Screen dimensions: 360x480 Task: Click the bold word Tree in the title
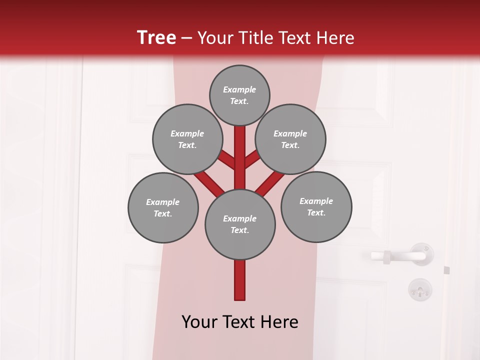click(156, 37)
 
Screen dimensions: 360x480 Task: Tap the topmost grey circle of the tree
click(239, 95)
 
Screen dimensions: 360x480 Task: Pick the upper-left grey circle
click(187, 139)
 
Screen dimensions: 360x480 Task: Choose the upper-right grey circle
click(290, 139)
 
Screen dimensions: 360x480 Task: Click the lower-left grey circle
click(163, 207)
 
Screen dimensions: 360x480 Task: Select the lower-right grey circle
click(316, 206)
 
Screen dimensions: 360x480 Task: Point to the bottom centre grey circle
click(240, 224)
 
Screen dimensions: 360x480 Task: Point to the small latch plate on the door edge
click(446, 270)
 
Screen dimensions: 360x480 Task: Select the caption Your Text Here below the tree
click(240, 322)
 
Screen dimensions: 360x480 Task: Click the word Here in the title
click(336, 38)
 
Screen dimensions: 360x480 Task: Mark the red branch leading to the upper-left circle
click(227, 159)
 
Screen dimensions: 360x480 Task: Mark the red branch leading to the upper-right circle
click(252, 159)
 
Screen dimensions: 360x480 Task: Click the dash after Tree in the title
click(186, 38)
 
